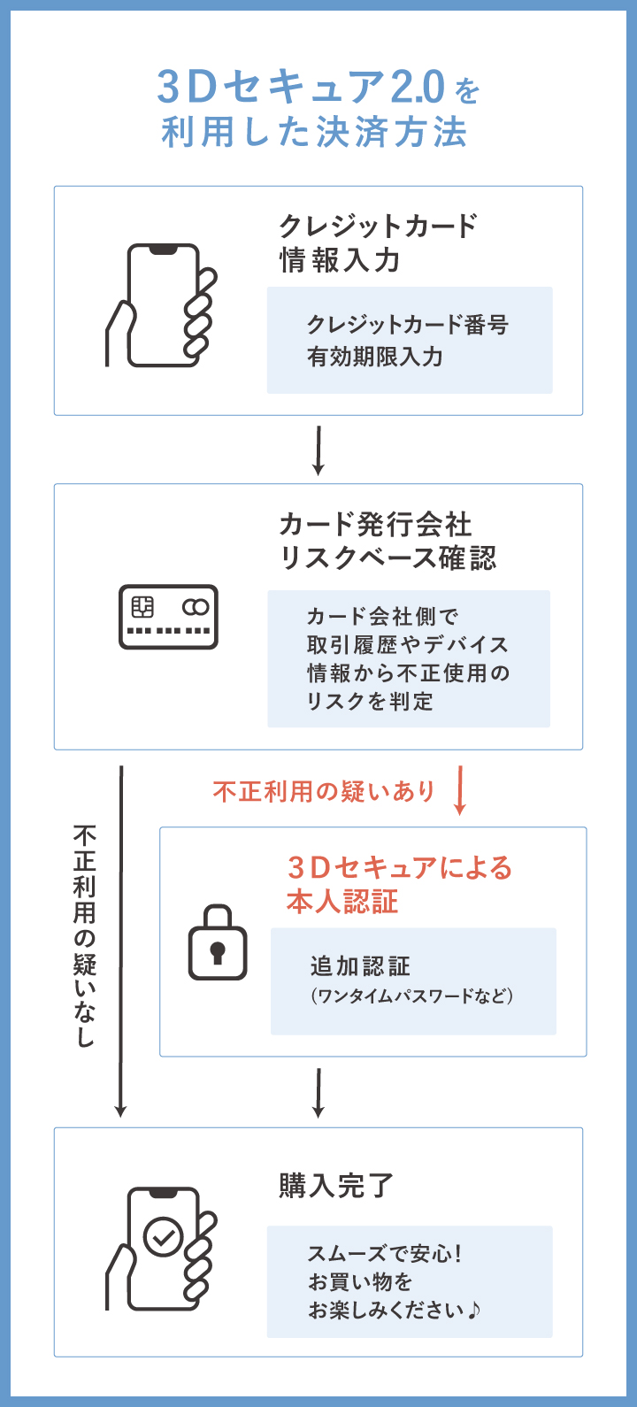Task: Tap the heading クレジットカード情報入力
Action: pos(378,242)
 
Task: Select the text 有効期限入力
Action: pos(374,357)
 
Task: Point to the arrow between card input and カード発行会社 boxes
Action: pos(318,450)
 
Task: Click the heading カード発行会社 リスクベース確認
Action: pos(388,541)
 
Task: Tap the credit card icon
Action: pos(168,617)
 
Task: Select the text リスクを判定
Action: pos(370,702)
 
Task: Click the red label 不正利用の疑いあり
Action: pos(324,791)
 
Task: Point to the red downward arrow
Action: pos(459,793)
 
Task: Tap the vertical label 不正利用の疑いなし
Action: pos(85,936)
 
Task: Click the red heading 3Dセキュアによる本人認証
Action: pos(399,884)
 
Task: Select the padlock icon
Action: pos(218,942)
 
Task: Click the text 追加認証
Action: pos(360,966)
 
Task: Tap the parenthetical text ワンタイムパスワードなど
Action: pos(411,996)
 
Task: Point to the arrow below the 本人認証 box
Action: pos(318,1093)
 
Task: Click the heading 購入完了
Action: pos(336,1186)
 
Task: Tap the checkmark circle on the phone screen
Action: pos(164,1237)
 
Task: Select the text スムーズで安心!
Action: pos(385,1254)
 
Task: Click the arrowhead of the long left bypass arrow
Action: pos(121,1110)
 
